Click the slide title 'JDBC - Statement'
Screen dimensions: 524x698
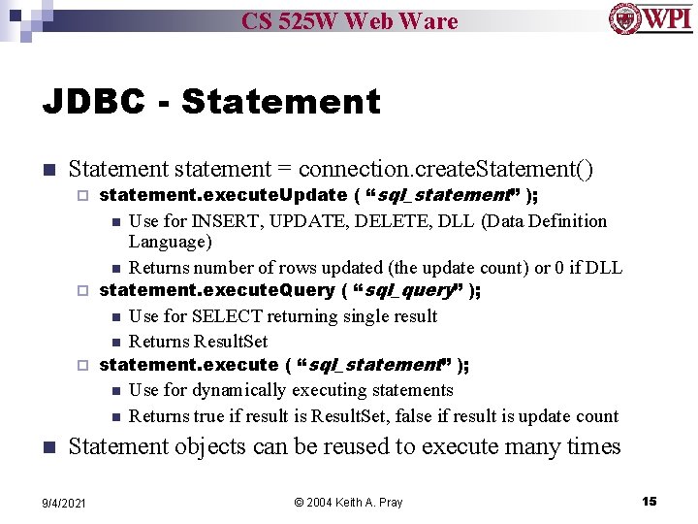[211, 101]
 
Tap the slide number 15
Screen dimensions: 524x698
[649, 501]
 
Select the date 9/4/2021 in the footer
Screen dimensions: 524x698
[64, 502]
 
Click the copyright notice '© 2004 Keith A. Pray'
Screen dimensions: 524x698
[348, 502]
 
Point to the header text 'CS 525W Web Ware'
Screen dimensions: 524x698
[349, 20]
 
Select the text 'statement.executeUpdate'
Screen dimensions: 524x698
[223, 195]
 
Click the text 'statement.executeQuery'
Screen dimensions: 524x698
[218, 290]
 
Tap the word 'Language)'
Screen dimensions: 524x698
[170, 242]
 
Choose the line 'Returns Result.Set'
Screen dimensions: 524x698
[198, 342]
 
